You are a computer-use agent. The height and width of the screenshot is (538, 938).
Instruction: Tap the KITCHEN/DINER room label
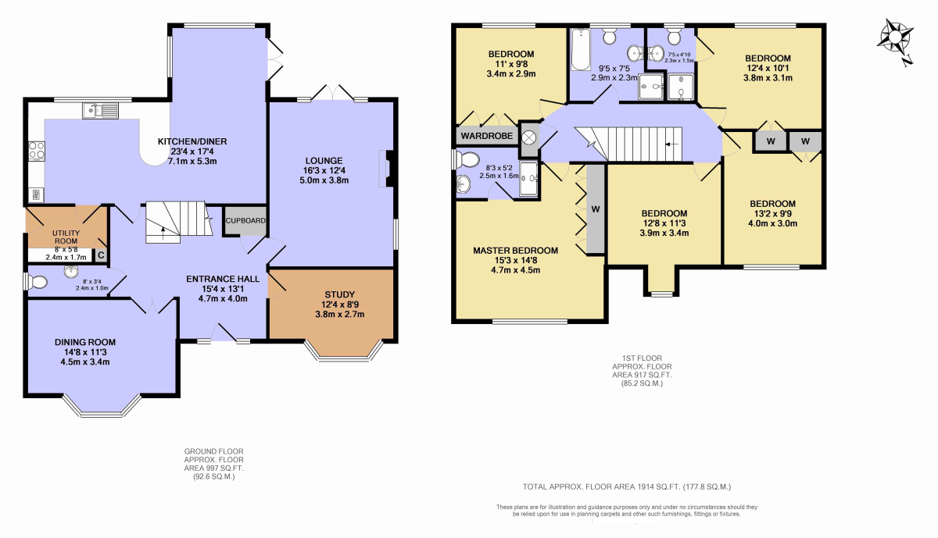point(192,141)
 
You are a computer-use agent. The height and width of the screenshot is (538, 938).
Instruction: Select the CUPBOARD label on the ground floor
point(245,220)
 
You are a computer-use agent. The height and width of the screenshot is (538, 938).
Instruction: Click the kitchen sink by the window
point(101,111)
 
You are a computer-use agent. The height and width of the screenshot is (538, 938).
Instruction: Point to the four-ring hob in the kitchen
point(37,150)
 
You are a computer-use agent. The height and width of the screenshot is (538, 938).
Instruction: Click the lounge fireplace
point(386,168)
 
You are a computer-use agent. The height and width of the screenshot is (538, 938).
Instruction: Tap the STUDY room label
point(339,294)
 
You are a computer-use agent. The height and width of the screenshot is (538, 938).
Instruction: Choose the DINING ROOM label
point(85,342)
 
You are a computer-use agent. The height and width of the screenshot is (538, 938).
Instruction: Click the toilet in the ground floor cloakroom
point(36,282)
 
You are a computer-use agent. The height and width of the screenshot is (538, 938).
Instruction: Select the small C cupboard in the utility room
point(101,255)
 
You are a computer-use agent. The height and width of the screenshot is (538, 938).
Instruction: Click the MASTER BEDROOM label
point(515,251)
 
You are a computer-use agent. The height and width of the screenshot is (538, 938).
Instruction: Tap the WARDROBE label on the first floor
point(486,136)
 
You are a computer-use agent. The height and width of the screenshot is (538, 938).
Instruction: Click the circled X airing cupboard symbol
point(529,137)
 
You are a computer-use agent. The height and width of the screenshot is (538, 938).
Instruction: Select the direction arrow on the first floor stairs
point(671,144)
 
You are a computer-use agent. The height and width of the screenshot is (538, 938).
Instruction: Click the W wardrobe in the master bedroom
point(596,209)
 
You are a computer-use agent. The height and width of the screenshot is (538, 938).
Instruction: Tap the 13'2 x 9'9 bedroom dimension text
point(772,214)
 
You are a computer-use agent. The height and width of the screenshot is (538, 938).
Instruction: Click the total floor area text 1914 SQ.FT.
point(627,487)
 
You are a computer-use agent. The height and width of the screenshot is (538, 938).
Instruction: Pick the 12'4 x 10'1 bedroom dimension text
point(768,68)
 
